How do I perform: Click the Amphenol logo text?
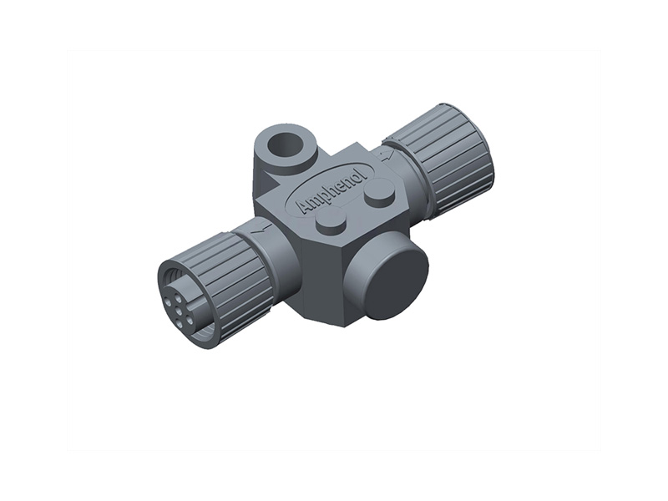330,191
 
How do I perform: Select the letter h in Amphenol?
331,190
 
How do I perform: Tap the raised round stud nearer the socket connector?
332,221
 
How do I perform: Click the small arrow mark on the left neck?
265,225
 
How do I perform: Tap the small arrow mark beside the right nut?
384,154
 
